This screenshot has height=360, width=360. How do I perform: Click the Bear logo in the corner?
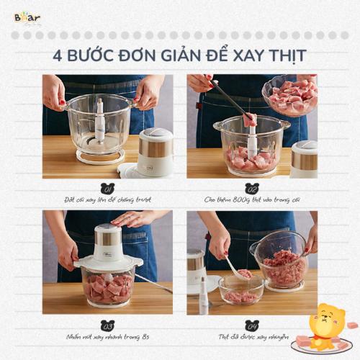27,17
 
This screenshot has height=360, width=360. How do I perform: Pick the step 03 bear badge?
108,322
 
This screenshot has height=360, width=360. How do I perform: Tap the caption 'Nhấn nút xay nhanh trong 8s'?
108,334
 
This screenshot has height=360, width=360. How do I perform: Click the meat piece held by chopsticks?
251,119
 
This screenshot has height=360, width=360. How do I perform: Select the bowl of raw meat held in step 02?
289,96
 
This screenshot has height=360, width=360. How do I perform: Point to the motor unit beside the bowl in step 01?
156,151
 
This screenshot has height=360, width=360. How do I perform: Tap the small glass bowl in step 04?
240,290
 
